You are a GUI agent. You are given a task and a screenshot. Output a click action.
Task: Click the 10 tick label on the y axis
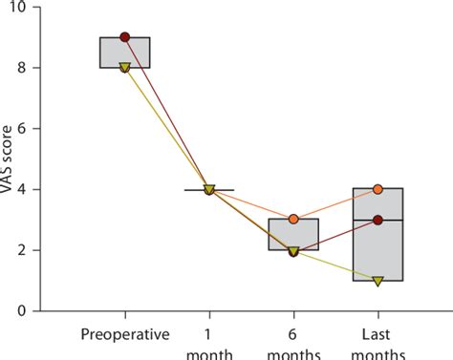pyautogui.click(x=32, y=8)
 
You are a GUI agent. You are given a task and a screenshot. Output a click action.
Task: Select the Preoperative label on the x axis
pyautogui.click(x=125, y=335)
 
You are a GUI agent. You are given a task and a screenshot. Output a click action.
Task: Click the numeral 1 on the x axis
pyautogui.click(x=209, y=334)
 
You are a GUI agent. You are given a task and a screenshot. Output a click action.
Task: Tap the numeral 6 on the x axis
pyautogui.click(x=293, y=334)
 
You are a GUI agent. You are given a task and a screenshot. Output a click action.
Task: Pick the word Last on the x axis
pyautogui.click(x=377, y=334)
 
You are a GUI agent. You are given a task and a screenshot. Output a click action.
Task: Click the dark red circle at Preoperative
pyautogui.click(x=125, y=37)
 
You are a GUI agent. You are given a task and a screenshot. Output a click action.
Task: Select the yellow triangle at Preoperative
pyautogui.click(x=125, y=68)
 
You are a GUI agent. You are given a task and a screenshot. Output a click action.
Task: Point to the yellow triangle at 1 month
pyautogui.click(x=209, y=189)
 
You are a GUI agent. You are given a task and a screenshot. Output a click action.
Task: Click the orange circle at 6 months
pyautogui.click(x=293, y=220)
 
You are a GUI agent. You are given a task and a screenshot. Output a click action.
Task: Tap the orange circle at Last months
pyautogui.click(x=377, y=189)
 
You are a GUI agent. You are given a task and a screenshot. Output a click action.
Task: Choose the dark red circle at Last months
pyautogui.click(x=377, y=220)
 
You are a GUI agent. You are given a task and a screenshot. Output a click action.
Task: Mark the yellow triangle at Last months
pyautogui.click(x=377, y=281)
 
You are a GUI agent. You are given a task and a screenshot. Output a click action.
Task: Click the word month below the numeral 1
pyautogui.click(x=209, y=352)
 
